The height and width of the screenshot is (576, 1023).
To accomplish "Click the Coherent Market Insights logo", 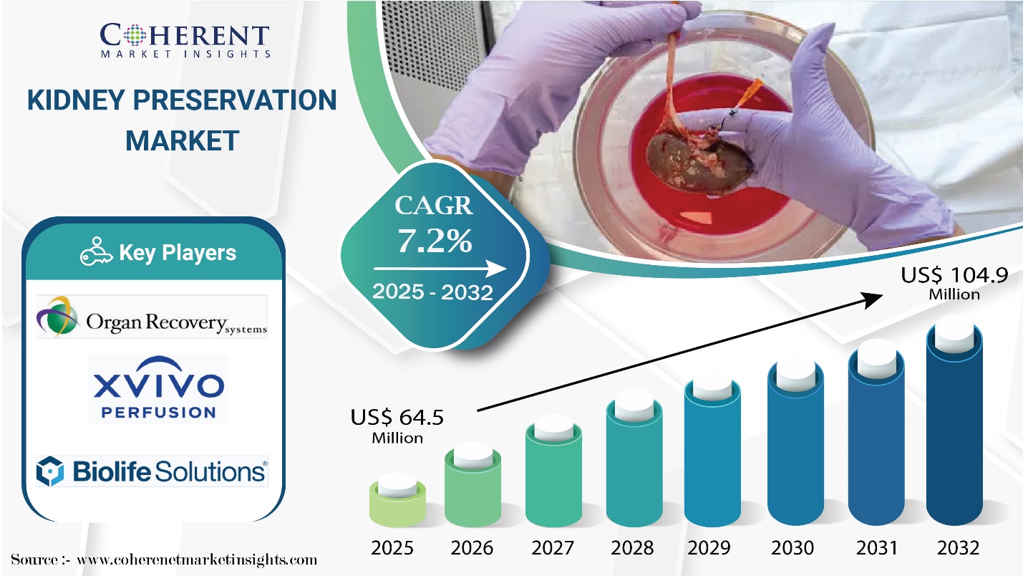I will point(185,40).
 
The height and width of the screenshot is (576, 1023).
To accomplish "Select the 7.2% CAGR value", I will point(435,242).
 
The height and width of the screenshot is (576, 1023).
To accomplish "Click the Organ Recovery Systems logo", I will point(152,317).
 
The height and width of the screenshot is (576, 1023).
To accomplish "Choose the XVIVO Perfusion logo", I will point(157,390).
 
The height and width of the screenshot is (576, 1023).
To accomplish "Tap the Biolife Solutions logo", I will point(152,471).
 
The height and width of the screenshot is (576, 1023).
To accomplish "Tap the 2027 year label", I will point(552,548).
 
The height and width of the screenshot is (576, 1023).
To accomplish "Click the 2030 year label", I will point(792,548).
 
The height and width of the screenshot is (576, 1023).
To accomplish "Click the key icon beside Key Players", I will point(97,252).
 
